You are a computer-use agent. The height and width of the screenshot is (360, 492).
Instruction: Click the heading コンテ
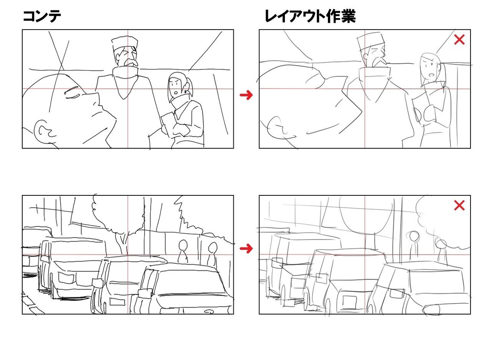[42, 17]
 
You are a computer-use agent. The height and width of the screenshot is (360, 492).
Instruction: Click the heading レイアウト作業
[310, 17]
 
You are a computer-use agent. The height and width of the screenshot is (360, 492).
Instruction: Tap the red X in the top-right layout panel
[459, 40]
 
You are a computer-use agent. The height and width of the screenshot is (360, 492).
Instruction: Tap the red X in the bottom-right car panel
[459, 205]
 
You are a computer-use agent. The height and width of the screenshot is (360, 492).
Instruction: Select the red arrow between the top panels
[246, 95]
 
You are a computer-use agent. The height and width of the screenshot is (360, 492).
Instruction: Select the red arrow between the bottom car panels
[246, 249]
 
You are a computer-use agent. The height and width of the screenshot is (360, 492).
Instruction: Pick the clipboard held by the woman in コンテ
[168, 123]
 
